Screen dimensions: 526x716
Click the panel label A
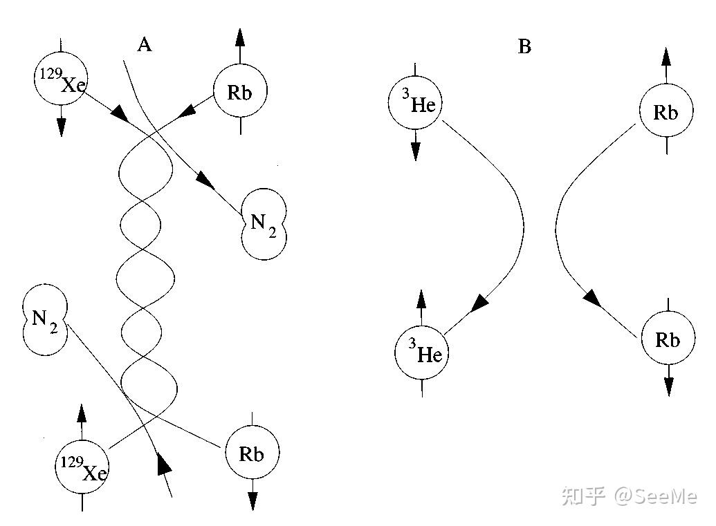tap(144, 46)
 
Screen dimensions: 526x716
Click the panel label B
tap(524, 47)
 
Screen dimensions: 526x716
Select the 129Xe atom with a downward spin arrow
tap(61, 79)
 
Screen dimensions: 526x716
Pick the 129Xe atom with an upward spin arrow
tap(82, 467)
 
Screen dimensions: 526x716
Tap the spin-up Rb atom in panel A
tap(239, 92)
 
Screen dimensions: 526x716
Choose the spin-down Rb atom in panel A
tap(252, 453)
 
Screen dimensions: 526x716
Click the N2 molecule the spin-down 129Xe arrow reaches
tap(264, 223)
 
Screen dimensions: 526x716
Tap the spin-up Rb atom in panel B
tap(665, 113)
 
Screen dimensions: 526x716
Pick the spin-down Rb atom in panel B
tap(667, 339)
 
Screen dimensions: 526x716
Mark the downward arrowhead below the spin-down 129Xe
tap(61, 126)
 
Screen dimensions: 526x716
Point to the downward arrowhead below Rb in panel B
tap(668, 386)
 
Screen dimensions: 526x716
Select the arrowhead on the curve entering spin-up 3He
tap(479, 303)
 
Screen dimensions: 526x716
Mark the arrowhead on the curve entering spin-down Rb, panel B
tap(591, 298)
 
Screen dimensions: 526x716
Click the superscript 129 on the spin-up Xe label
tap(70, 462)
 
